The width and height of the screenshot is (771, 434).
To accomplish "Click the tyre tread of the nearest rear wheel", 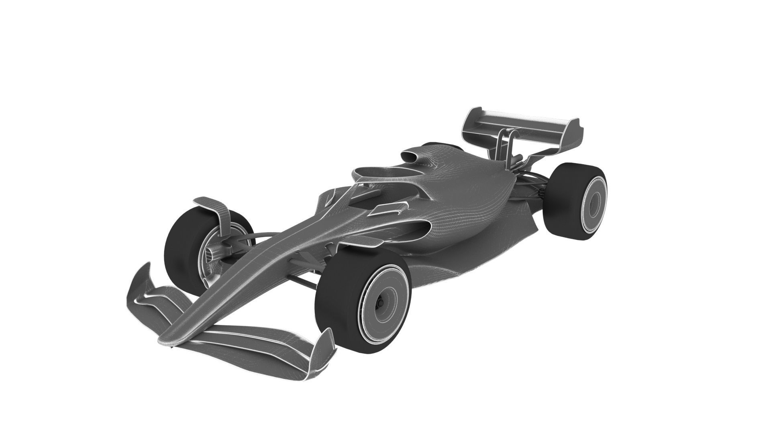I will point(558,201).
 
